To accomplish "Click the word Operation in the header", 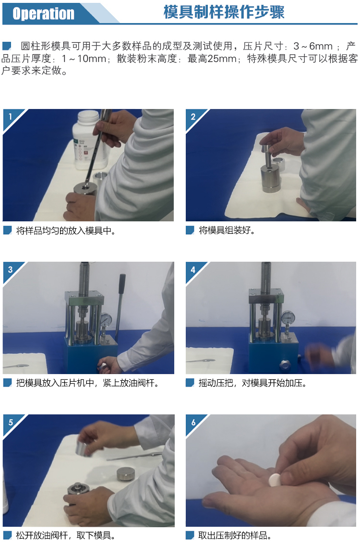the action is (43, 13).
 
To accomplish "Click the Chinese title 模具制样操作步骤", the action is (224, 12).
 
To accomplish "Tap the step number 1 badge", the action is (10, 117).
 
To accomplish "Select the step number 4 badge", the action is (193, 270).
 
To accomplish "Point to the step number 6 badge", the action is (193, 423).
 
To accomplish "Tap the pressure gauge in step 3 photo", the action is (106, 320).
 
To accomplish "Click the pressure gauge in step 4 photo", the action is (288, 317).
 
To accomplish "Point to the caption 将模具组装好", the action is (227, 230).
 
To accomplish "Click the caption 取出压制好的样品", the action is (234, 535).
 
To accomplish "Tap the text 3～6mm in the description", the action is (313, 46).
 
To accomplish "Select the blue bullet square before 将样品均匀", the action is (8, 230).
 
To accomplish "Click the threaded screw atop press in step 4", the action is (266, 278).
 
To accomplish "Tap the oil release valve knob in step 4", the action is (284, 365).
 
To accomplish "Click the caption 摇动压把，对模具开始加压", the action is (252, 383).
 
